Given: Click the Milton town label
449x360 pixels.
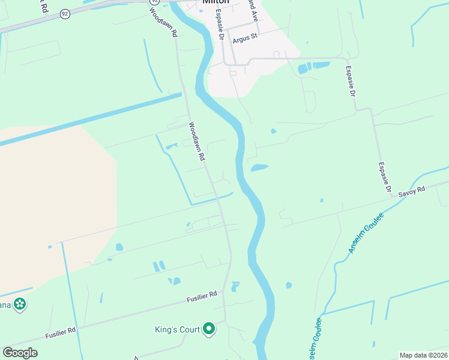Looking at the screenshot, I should click(x=217, y=2).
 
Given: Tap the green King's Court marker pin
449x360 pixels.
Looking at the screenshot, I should click(x=209, y=329).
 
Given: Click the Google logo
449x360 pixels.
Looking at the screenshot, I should click(x=20, y=353).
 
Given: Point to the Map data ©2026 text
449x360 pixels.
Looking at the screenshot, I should click(x=423, y=355).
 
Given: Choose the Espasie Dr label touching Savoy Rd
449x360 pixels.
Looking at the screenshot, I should click(x=385, y=179).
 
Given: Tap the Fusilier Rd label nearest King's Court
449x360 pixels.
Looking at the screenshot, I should click(x=201, y=295).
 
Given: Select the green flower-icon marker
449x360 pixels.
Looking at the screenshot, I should click(x=20, y=304).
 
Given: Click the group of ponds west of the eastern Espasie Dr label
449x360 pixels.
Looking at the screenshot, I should click(x=314, y=67).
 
